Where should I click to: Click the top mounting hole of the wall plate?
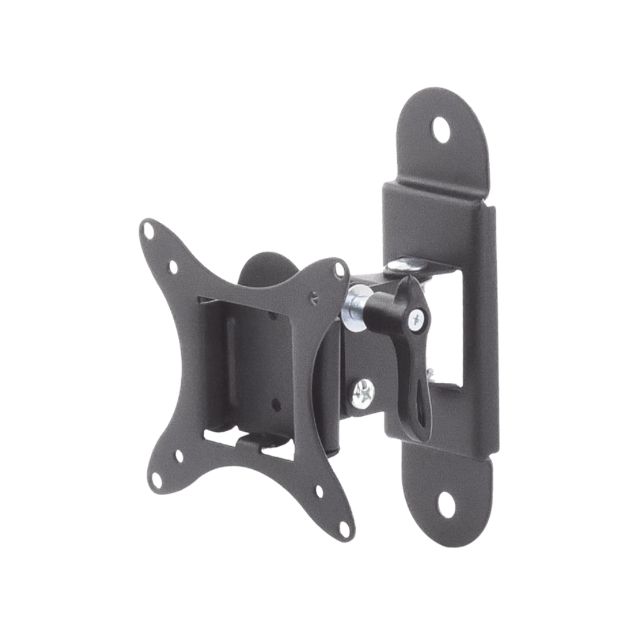(x=441, y=129)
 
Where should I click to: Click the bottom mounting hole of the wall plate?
(x=446, y=504)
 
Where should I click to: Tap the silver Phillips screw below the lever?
(x=363, y=393)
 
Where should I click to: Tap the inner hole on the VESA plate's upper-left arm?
(x=173, y=266)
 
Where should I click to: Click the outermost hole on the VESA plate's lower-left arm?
(x=156, y=481)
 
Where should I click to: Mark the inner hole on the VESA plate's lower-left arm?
(x=179, y=456)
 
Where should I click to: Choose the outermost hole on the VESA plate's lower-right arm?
(x=345, y=530)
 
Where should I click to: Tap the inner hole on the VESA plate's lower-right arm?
(x=319, y=491)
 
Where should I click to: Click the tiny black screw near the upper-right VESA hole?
(x=313, y=296)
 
